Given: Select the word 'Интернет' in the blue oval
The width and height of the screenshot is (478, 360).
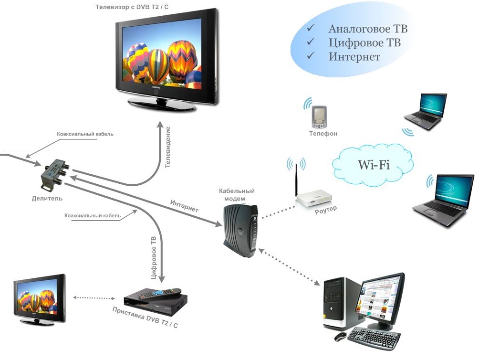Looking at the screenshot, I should pyautogui.click(x=354, y=57).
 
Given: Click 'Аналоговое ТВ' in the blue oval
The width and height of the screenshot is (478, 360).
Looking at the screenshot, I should pyautogui.click(x=368, y=29).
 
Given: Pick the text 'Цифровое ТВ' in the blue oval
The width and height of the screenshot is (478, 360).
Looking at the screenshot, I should pyautogui.click(x=364, y=43).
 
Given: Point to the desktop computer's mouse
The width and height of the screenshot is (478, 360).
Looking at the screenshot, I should pyautogui.click(x=340, y=337).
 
